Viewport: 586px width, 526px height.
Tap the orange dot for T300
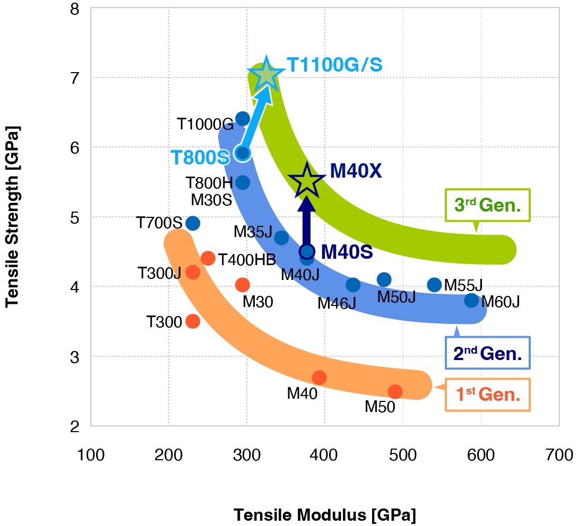tap(193, 321)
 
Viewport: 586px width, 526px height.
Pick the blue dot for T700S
tap(193, 223)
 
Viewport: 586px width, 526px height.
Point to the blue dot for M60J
tap(471, 301)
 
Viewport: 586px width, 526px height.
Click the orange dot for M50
tap(395, 391)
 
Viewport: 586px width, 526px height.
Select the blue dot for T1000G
tap(243, 119)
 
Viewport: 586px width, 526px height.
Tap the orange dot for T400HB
tap(208, 258)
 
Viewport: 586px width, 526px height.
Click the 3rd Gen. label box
tap(488, 205)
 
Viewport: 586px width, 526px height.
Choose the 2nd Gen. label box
tap(488, 353)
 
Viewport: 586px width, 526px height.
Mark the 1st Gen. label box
tap(488, 394)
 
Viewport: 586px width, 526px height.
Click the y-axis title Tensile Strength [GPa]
tap(12, 216)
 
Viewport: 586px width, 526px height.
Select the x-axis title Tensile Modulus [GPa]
tap(324, 515)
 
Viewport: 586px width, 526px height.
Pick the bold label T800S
tap(200, 157)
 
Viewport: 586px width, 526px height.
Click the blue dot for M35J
tap(281, 238)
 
